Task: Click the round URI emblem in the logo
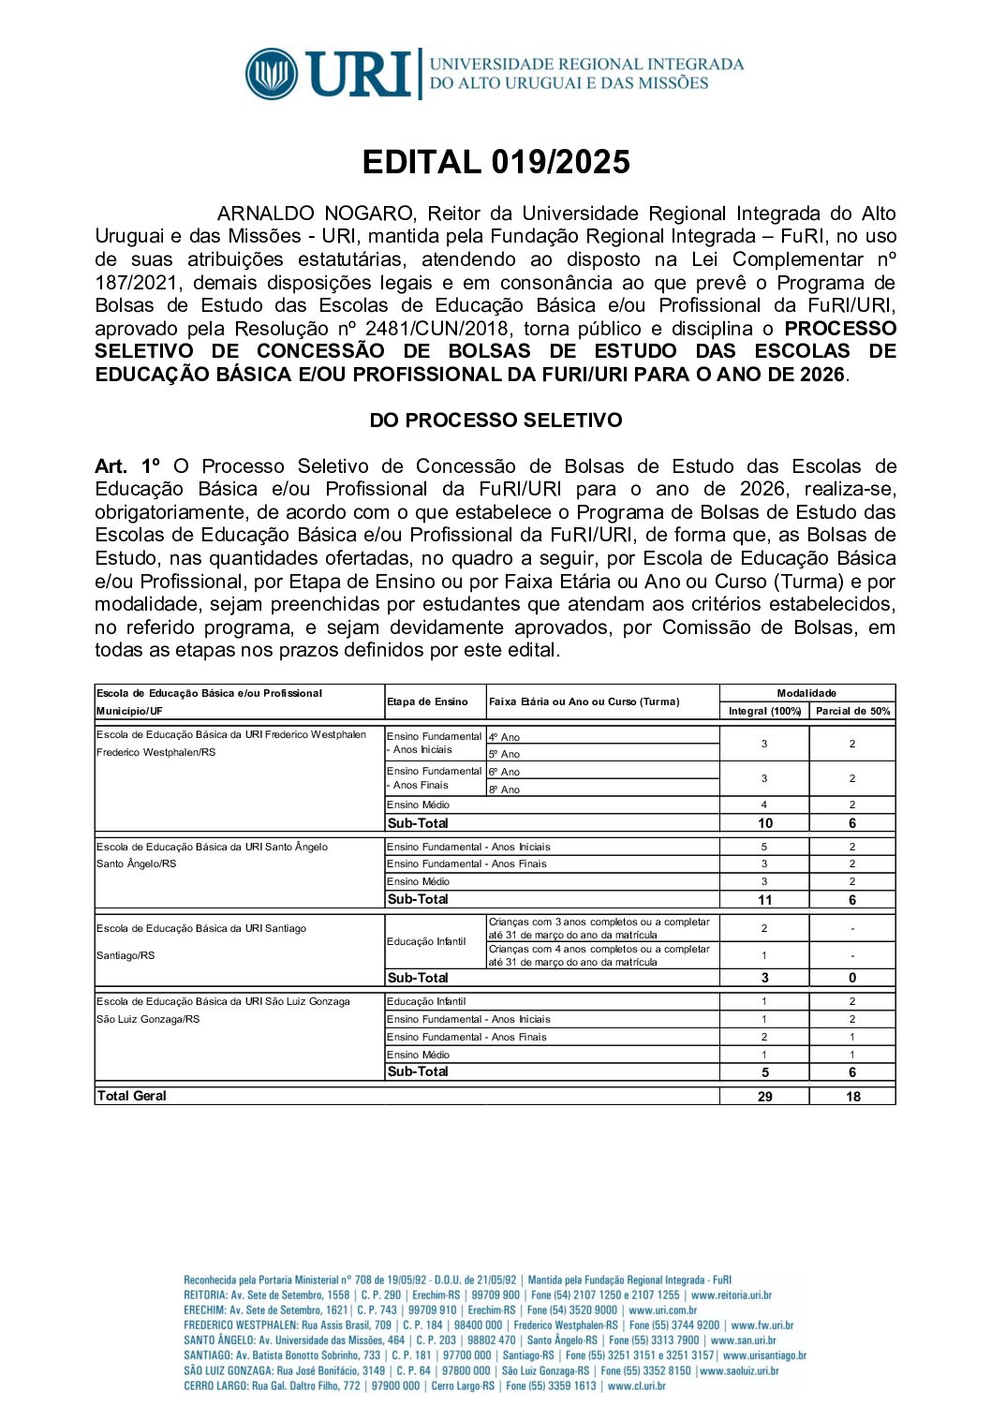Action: tap(272, 74)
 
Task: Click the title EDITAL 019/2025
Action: tap(495, 162)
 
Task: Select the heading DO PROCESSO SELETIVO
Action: tap(495, 421)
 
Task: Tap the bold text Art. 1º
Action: tap(127, 466)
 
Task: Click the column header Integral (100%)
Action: tap(764, 712)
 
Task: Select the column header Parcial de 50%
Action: tap(852, 712)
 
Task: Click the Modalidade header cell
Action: tap(806, 693)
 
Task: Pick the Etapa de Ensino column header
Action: tap(427, 701)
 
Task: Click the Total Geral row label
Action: tap(132, 1096)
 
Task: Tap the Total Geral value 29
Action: tap(764, 1097)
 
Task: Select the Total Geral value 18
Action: tap(852, 1097)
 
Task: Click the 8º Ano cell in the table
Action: tap(504, 790)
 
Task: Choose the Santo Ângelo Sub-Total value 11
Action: tap(764, 900)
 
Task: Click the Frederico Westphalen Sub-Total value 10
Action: tap(764, 823)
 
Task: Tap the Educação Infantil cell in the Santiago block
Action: tap(426, 941)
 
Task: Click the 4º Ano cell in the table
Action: tap(504, 737)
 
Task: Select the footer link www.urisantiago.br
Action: tap(764, 1355)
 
